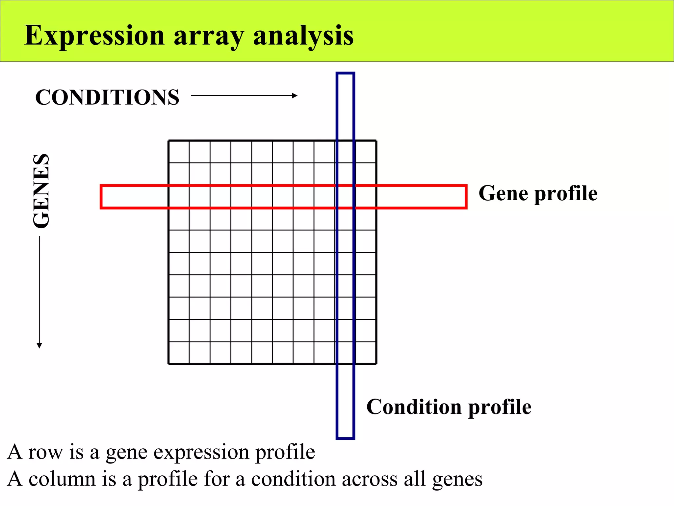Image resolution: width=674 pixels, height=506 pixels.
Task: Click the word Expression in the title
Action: pos(94,36)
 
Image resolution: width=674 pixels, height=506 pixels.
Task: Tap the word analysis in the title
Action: pos(303,36)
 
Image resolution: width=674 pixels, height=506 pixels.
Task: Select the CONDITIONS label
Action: pos(107,97)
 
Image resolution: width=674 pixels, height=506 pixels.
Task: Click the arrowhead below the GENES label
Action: pos(39,345)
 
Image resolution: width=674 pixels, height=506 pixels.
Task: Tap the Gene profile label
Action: pos(538,193)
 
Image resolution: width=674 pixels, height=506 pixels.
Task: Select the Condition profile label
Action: pos(449,407)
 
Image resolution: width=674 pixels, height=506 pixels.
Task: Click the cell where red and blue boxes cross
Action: pos(345,197)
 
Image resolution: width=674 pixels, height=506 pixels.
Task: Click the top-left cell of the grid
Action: pos(179,152)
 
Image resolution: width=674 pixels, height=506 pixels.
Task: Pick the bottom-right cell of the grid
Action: pos(366,353)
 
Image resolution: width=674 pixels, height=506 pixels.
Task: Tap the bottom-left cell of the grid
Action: pos(179,353)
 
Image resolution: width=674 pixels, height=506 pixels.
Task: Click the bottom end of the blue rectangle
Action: pos(345,437)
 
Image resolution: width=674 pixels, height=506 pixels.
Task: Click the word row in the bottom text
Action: pos(45,452)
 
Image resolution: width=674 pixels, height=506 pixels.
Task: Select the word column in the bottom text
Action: pos(62,479)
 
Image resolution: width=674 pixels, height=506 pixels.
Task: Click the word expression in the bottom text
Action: pos(201,453)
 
